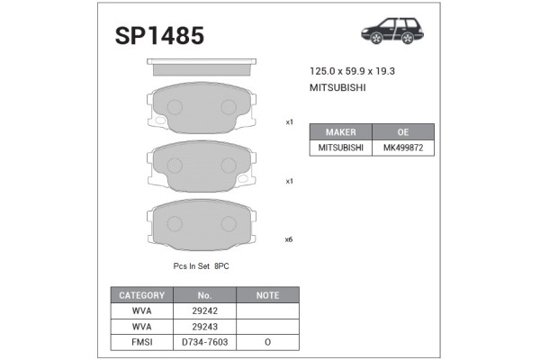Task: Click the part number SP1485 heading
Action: point(159,35)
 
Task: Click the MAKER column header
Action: point(341,131)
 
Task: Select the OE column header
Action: point(403,131)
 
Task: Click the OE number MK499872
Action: point(403,147)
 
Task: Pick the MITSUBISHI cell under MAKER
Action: point(341,147)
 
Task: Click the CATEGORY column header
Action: point(141,295)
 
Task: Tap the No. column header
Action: point(203,295)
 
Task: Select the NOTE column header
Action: point(267,295)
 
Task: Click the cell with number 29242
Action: point(203,310)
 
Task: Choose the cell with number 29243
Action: point(203,326)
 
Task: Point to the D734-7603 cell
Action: point(203,342)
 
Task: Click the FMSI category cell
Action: point(141,342)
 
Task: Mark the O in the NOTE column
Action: point(267,342)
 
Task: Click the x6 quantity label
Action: point(289,239)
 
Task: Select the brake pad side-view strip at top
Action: point(202,67)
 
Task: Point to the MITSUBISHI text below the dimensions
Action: point(337,88)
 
